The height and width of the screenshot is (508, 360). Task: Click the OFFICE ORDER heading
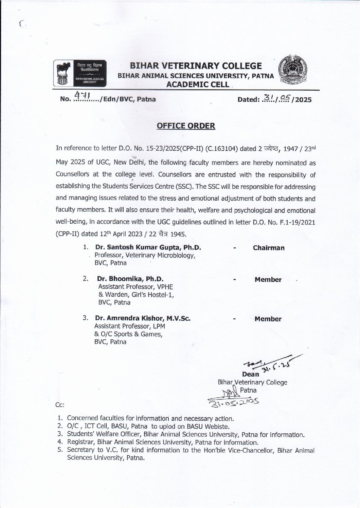pyautogui.click(x=186, y=126)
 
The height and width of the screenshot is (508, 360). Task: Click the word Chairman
pyautogui.click(x=269, y=248)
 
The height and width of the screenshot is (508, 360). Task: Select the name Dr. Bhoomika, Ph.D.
pyautogui.click(x=130, y=279)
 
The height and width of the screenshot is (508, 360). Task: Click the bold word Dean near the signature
pyautogui.click(x=251, y=375)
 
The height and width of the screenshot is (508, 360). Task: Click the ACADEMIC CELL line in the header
pyautogui.click(x=197, y=85)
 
